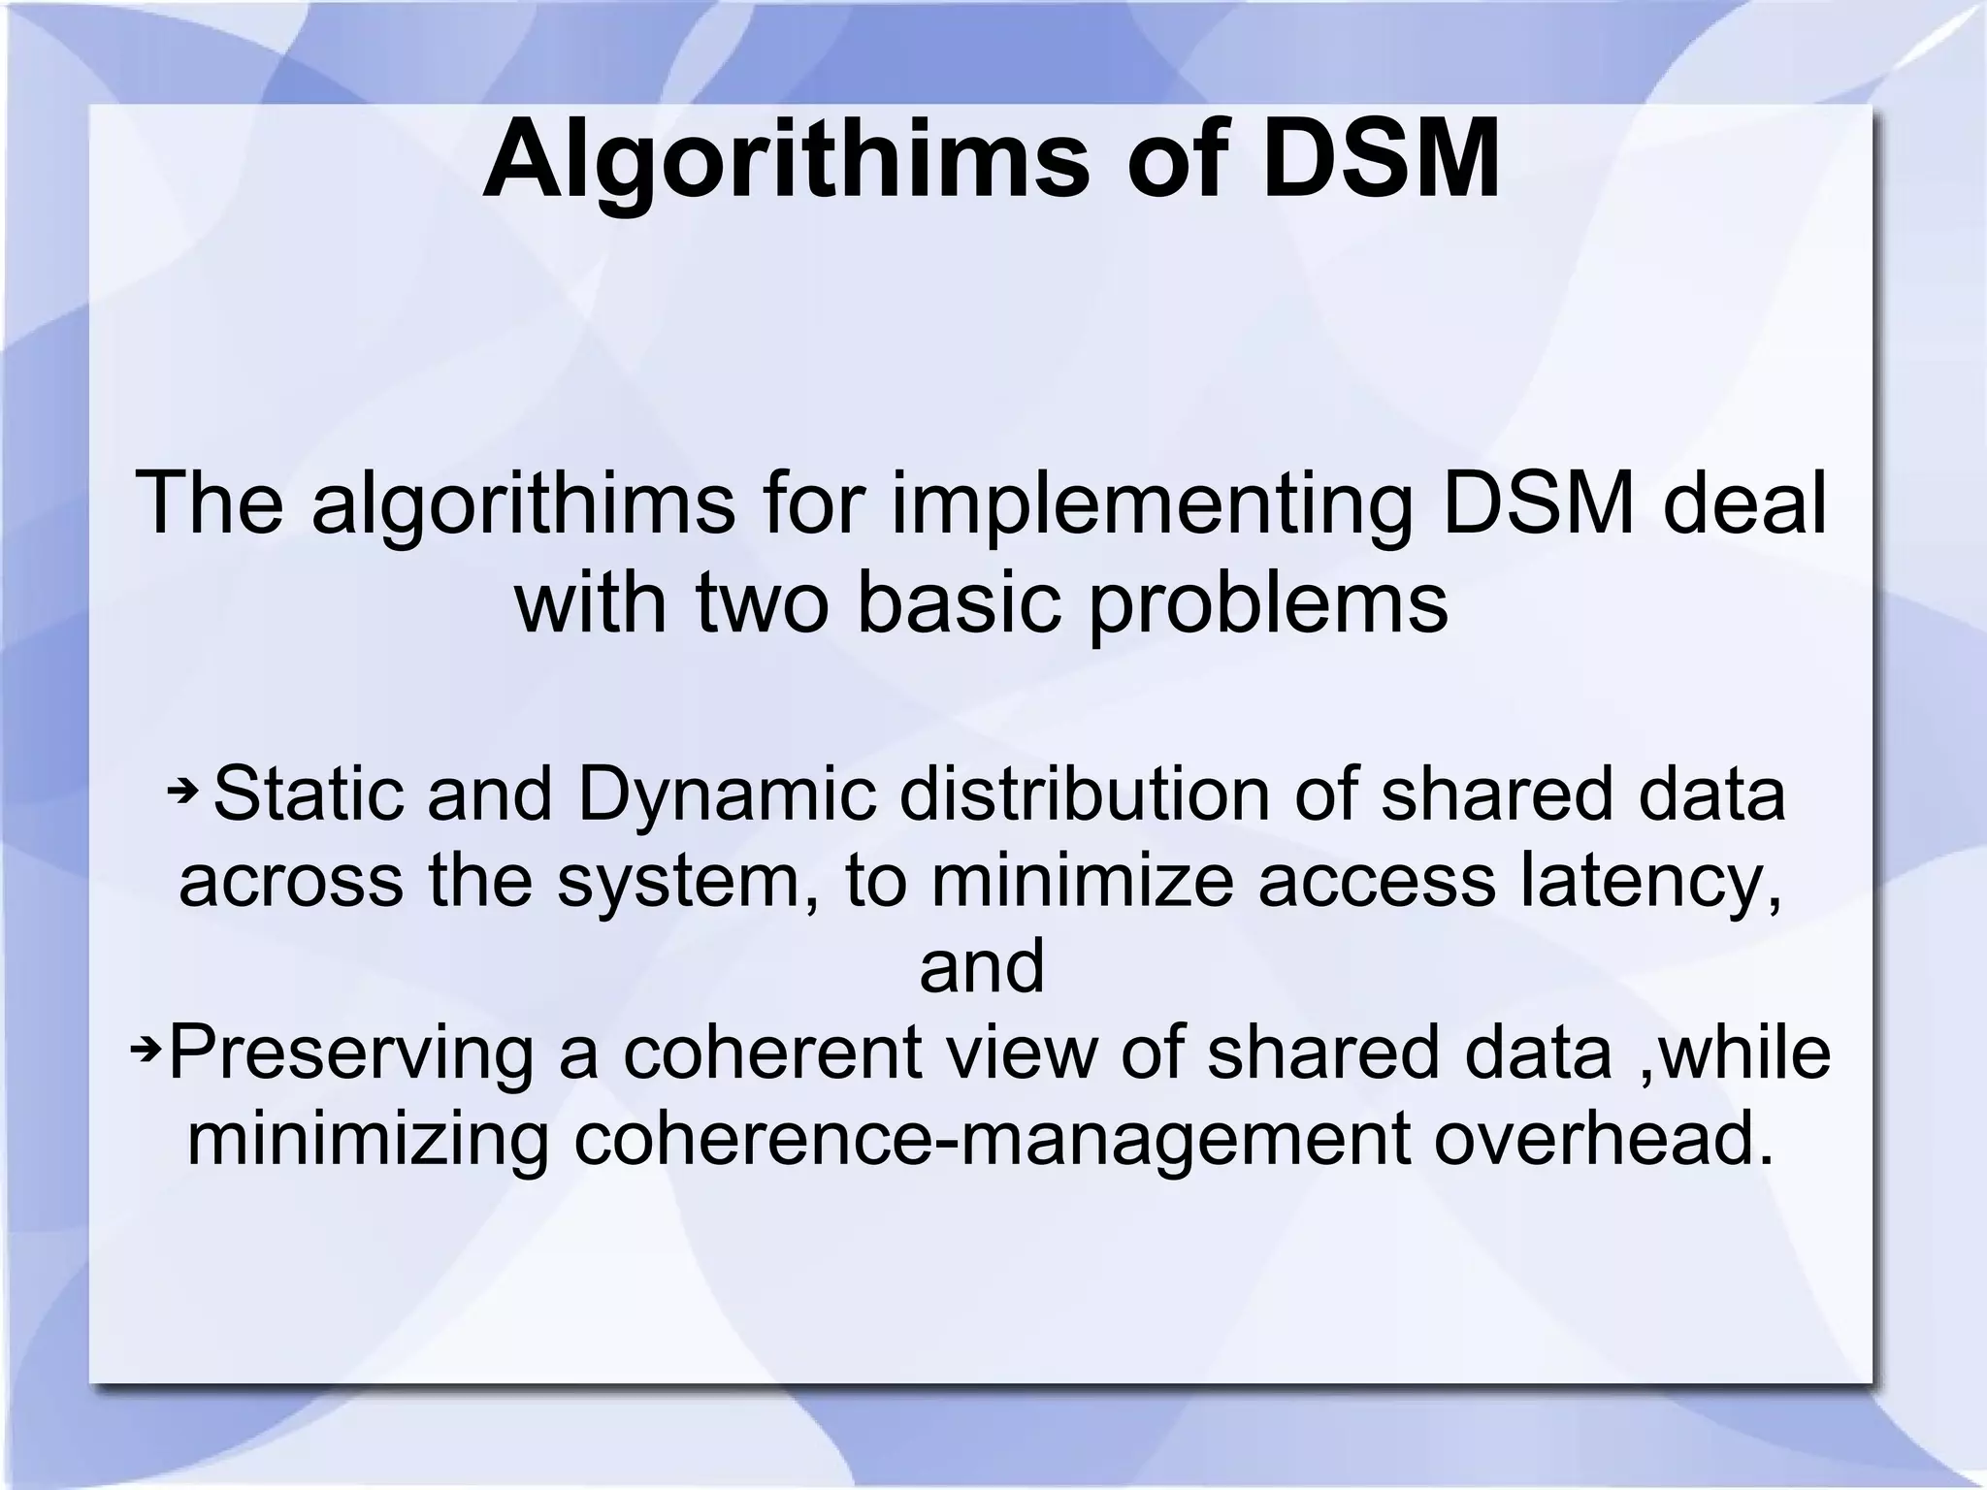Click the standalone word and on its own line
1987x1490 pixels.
coord(982,966)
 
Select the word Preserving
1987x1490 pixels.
coord(352,1053)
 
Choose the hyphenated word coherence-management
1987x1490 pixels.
coord(992,1138)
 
